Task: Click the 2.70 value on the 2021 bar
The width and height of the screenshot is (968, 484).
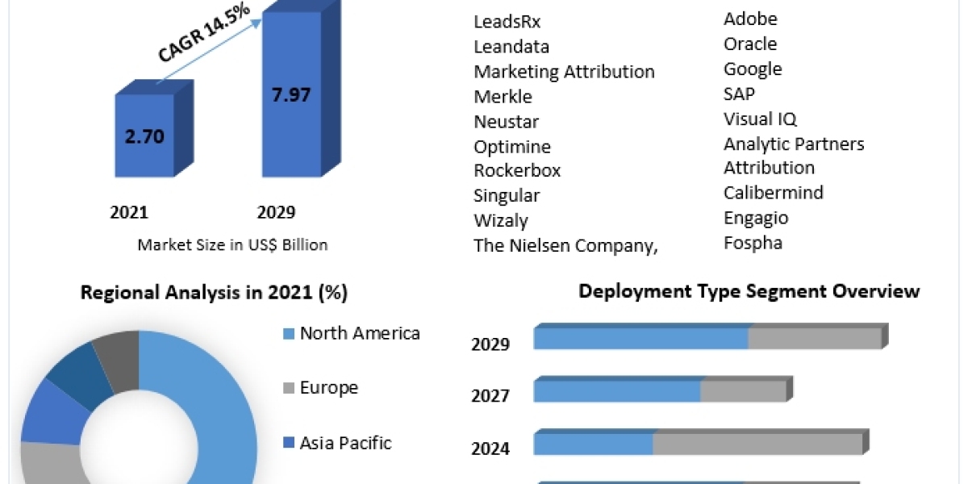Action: click(144, 136)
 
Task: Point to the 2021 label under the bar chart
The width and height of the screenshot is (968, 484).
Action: click(129, 213)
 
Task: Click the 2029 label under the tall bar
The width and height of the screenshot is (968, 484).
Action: click(276, 213)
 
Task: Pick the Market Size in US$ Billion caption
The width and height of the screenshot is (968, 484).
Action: click(232, 244)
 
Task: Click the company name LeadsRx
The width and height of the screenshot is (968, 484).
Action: click(507, 22)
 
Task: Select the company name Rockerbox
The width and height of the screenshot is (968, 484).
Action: click(517, 171)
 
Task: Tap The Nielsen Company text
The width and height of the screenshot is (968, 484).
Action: click(565, 246)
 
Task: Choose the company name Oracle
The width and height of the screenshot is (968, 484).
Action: click(750, 44)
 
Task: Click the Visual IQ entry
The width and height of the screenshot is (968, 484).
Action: click(760, 119)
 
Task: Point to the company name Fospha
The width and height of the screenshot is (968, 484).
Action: click(753, 242)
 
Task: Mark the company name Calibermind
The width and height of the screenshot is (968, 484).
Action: click(773, 193)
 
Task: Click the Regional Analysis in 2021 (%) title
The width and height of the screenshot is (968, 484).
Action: click(214, 293)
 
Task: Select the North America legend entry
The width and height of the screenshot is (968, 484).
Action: click(359, 333)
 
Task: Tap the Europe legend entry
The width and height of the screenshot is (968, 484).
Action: click(328, 388)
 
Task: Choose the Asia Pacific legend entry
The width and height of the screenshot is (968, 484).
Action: click(345, 443)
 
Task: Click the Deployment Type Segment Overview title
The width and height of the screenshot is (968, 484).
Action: click(749, 291)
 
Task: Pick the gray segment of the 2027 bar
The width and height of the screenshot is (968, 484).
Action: click(743, 391)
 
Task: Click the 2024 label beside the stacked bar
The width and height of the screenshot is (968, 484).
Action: click(490, 449)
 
